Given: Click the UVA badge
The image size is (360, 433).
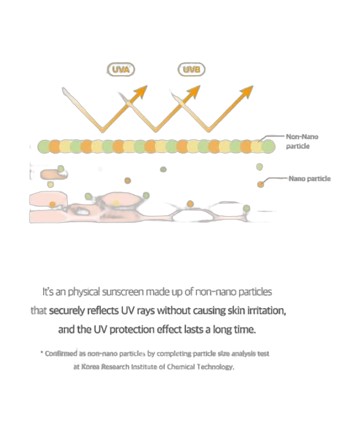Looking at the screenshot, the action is pos(121,69).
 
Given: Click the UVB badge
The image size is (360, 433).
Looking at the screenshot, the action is pos(192,69).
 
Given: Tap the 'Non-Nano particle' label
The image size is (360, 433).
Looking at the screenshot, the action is pos(302,141).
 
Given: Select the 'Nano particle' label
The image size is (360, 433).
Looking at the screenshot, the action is pos(310,178).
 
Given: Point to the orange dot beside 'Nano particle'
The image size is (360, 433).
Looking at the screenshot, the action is pos(261,184).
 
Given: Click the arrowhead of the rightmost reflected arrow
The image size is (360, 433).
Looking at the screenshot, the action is pos(247,91).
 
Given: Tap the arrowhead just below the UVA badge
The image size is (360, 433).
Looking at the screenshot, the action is pos(141,92).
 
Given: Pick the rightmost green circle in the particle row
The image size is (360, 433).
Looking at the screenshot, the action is pos(268,146).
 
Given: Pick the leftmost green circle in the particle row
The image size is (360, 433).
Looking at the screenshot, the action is pos(44,146).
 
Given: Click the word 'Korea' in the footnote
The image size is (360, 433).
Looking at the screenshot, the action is pos(90,367).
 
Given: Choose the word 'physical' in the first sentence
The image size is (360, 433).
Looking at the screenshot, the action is pos(84,292).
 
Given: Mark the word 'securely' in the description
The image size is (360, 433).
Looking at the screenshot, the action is pos(67,311).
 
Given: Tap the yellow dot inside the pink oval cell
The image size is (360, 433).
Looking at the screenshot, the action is pos(116,203).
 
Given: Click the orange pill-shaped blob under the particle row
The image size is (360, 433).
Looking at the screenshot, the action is pos(54,174).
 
